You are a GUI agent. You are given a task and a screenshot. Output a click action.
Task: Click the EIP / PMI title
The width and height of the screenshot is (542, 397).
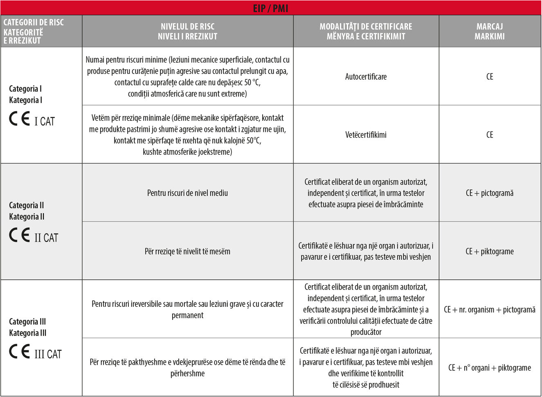(x=270, y=8)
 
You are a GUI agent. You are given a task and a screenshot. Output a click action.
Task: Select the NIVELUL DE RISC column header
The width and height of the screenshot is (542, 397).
(x=187, y=31)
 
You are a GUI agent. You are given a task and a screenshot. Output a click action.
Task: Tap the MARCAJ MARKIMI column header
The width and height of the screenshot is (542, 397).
(x=490, y=31)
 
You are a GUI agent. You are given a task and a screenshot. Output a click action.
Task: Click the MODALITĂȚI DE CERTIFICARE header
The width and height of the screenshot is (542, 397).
(x=366, y=31)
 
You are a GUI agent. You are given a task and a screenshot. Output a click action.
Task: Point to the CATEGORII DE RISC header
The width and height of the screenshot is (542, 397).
(x=34, y=31)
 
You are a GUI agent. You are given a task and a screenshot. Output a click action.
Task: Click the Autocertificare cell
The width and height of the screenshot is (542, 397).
(x=366, y=76)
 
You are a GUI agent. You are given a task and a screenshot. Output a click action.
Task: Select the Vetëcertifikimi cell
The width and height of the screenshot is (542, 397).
(x=366, y=135)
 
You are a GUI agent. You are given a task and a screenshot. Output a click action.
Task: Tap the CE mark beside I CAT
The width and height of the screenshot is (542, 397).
(x=19, y=119)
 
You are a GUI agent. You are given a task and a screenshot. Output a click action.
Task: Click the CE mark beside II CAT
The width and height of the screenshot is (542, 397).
(x=19, y=236)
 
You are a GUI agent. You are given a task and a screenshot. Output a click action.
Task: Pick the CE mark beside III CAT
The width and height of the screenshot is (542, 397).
(x=19, y=352)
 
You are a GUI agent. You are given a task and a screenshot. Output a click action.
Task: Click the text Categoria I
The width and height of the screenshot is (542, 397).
(x=25, y=89)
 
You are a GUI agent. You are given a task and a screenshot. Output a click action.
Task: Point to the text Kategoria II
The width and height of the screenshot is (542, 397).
(x=27, y=216)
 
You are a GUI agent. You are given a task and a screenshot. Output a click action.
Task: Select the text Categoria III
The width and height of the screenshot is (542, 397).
(x=27, y=321)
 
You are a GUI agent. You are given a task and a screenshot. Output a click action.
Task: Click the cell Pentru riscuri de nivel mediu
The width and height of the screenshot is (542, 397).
(x=187, y=193)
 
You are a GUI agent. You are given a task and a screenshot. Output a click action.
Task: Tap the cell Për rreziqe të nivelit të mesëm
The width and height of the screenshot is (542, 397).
(x=187, y=251)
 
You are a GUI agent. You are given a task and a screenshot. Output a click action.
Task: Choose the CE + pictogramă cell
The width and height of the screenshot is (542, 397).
(x=490, y=193)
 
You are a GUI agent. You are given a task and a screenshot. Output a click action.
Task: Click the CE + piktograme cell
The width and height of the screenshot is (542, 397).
(x=490, y=251)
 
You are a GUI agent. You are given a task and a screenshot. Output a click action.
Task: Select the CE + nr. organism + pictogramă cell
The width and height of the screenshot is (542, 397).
(x=490, y=310)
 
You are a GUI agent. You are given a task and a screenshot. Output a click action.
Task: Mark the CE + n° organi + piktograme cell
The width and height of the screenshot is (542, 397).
(x=490, y=368)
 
